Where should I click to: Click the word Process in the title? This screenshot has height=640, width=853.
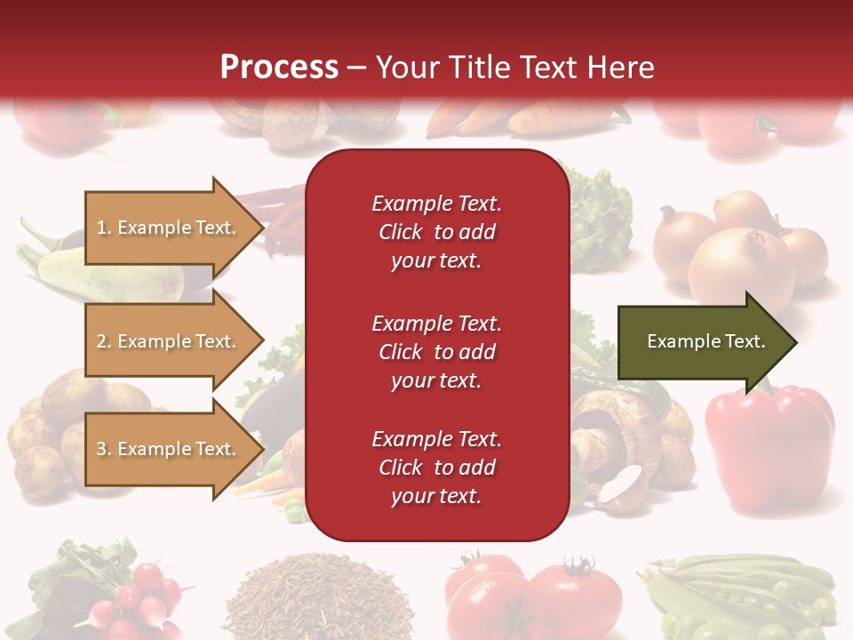point(279,68)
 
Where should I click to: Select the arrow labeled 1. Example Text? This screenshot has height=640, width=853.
point(169,228)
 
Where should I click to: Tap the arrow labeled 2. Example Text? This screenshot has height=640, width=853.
point(169,341)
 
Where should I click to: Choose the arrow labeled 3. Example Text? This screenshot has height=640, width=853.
point(169,449)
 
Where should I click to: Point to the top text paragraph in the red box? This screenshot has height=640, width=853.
point(436,232)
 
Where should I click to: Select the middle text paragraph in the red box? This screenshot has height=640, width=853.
point(436,352)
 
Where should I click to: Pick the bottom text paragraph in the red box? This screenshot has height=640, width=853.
point(436,468)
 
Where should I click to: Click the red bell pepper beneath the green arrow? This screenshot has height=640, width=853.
point(769,436)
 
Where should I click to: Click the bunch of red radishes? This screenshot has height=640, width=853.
point(142,596)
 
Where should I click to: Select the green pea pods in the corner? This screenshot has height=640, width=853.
point(746,596)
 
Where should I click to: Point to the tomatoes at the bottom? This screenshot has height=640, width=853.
point(533,596)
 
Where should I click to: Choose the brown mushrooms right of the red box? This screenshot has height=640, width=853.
point(622,436)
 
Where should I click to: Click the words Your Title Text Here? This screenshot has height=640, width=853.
point(514,68)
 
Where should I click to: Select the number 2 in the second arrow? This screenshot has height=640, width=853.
point(101,341)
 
